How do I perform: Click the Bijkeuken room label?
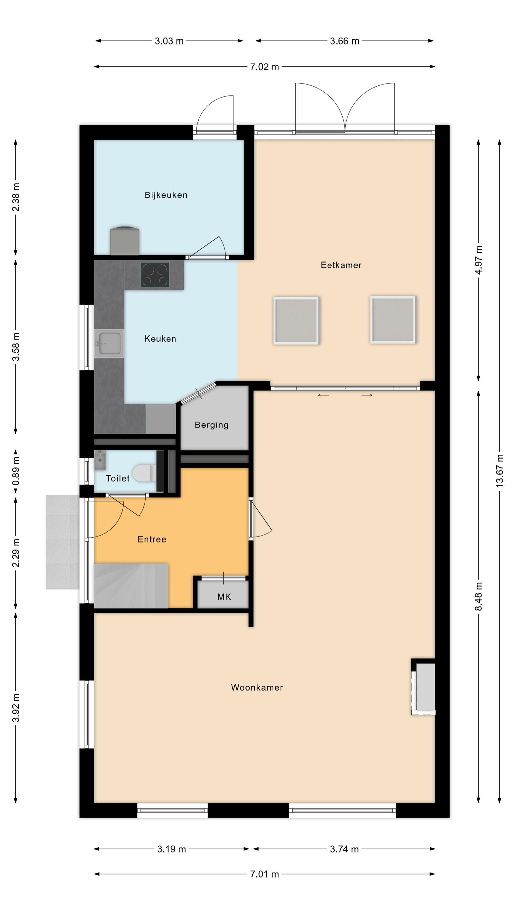pyautogui.click(x=166, y=195)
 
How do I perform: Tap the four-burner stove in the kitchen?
pyautogui.click(x=155, y=274)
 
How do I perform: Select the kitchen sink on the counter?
pyautogui.click(x=109, y=343)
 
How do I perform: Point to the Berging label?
pyautogui.click(x=211, y=425)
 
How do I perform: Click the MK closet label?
pyautogui.click(x=224, y=597)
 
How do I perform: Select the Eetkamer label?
pyautogui.click(x=341, y=265)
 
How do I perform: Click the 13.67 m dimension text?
pyautogui.click(x=499, y=471)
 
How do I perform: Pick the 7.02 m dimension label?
pyautogui.click(x=265, y=67)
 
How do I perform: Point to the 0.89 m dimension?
pyautogui.click(x=16, y=471)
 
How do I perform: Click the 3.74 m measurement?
pyautogui.click(x=344, y=849)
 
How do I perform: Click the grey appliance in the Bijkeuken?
pyautogui.click(x=124, y=240)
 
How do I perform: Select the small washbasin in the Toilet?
pyautogui.click(x=100, y=460)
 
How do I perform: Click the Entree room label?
pyautogui.click(x=152, y=539)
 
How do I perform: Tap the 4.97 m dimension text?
pyautogui.click(x=478, y=260)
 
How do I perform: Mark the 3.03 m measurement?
pyautogui.click(x=169, y=41)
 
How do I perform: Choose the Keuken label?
pyautogui.click(x=160, y=339)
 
